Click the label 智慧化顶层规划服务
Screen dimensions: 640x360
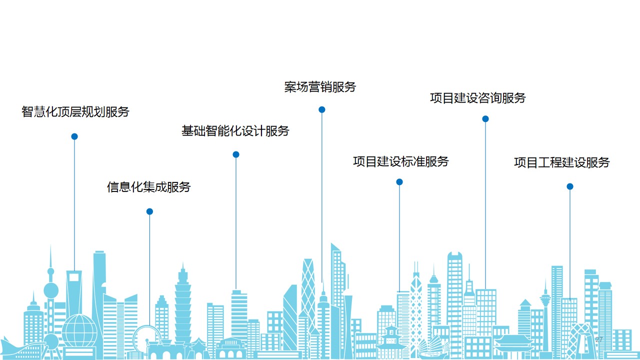[75, 111]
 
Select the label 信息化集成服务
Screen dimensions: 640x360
[149, 187]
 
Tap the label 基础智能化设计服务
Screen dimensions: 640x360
[235, 131]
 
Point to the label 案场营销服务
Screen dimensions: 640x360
[320, 87]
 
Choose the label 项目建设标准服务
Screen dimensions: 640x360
[401, 161]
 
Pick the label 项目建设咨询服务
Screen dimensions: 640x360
[478, 98]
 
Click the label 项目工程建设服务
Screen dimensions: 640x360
[562, 162]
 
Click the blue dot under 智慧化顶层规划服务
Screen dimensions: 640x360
[74, 136]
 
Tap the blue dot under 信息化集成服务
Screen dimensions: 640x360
[149, 211]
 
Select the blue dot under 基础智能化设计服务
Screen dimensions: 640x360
[236, 154]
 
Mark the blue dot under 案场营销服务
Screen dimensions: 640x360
[322, 109]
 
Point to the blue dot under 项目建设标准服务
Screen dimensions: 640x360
[399, 182]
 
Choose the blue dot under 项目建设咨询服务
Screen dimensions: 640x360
[485, 119]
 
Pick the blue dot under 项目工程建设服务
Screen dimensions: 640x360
[569, 186]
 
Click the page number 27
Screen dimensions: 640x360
[599, 340]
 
